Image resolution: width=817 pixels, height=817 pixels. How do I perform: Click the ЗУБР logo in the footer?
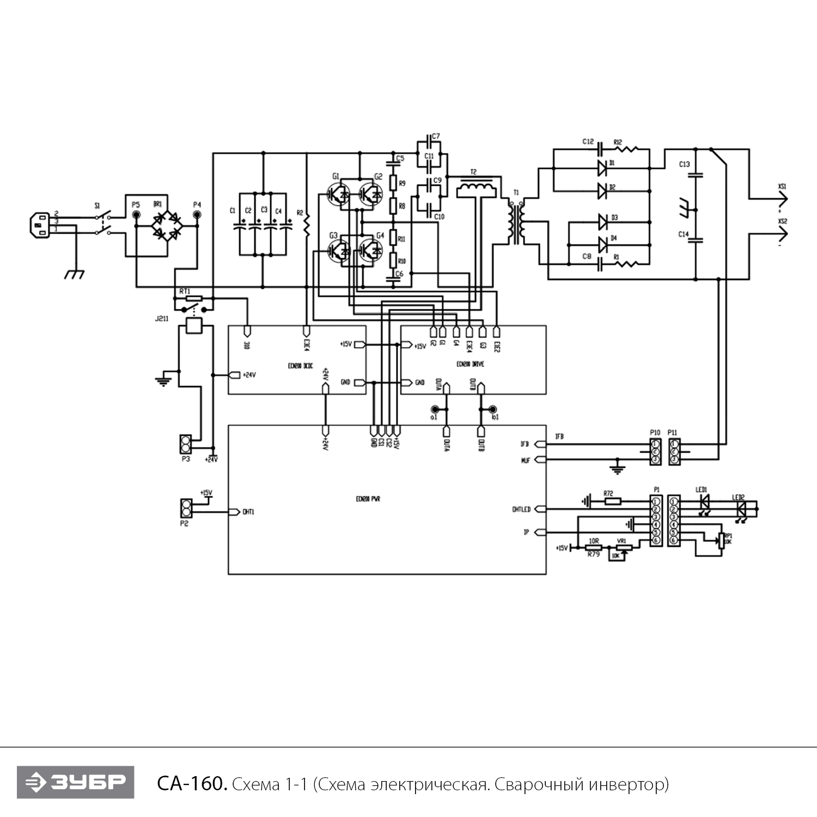tap(75, 783)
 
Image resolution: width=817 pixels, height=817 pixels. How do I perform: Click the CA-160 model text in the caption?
tap(191, 784)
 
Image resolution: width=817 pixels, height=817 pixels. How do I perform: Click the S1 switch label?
tap(97, 206)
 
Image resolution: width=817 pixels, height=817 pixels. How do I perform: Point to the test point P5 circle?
tap(136, 215)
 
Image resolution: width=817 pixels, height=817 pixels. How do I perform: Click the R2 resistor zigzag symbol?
tap(307, 225)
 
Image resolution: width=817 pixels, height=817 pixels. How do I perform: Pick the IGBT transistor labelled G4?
tap(372, 251)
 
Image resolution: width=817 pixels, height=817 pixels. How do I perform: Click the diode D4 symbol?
tap(602, 243)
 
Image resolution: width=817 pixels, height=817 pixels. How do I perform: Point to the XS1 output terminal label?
tap(782, 187)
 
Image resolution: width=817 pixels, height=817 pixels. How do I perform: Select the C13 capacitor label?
tap(684, 164)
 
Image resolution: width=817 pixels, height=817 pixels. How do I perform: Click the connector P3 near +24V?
tap(186, 444)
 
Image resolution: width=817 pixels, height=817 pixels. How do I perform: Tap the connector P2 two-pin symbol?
tap(186, 508)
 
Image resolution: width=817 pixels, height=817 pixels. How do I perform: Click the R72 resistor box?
tap(612, 501)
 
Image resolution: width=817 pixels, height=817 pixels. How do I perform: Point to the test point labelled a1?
tap(435, 410)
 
